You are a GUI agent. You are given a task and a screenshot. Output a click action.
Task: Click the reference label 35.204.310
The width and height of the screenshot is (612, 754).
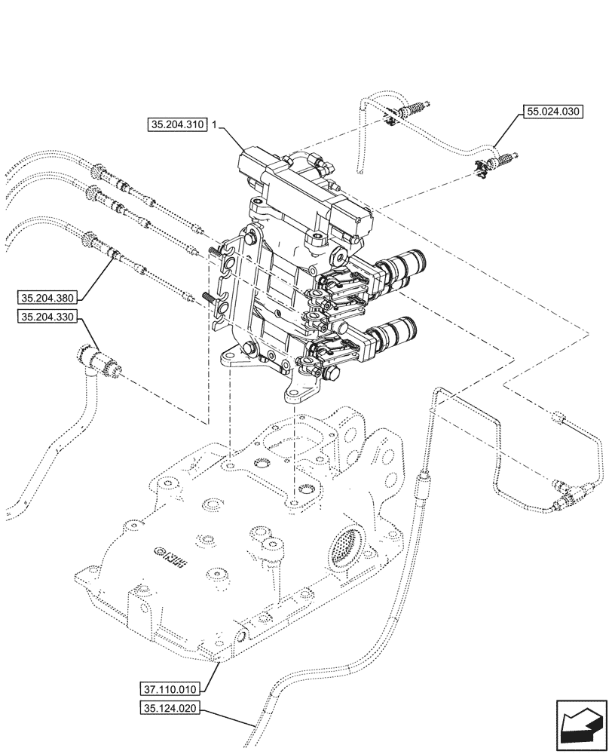pyautogui.click(x=178, y=126)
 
